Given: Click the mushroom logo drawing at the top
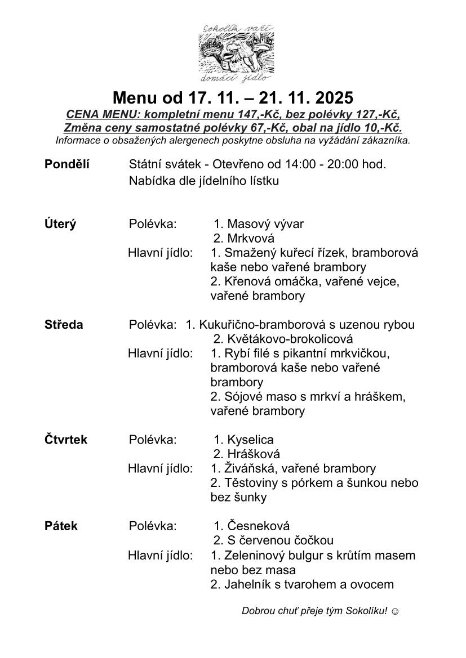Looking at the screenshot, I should tap(233, 54).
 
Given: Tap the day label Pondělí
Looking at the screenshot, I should tap(66, 164).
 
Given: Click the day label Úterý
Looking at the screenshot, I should tap(60, 224).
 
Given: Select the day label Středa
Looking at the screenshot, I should tap(64, 325).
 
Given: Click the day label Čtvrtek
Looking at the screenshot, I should tap(66, 440).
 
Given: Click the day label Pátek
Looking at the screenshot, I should tap(61, 526).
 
